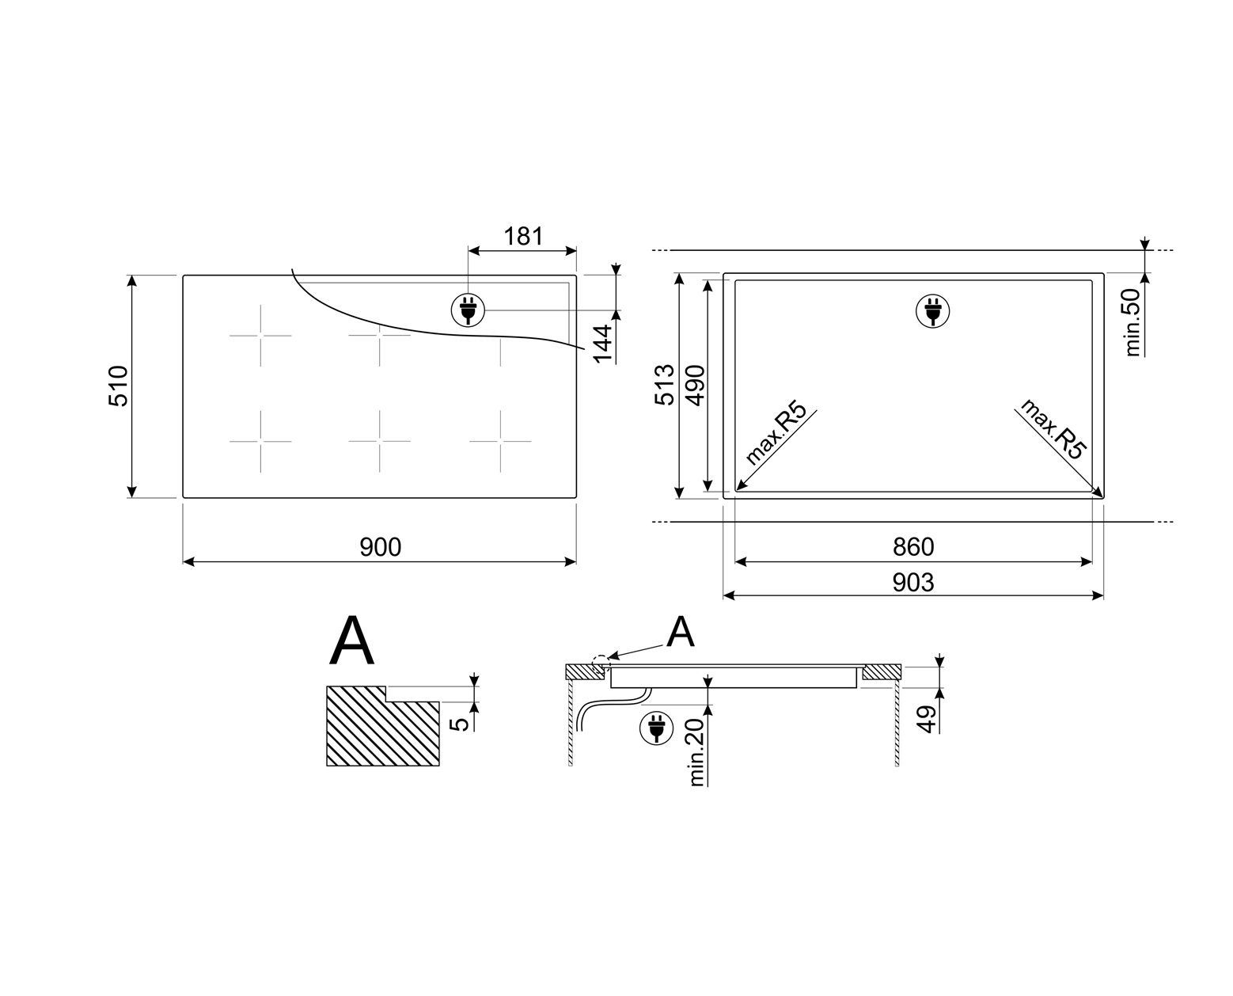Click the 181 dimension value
click(x=523, y=236)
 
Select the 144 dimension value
click(x=604, y=344)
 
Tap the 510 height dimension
click(x=118, y=386)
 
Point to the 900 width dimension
click(x=381, y=547)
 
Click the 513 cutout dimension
click(x=665, y=385)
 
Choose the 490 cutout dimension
click(x=694, y=385)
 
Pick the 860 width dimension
click(x=913, y=547)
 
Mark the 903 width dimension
click(x=913, y=583)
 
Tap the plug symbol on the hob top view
click(x=468, y=310)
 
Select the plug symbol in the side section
click(x=654, y=728)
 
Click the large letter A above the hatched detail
click(x=352, y=642)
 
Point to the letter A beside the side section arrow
click(x=680, y=632)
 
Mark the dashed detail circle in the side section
click(x=601, y=660)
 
